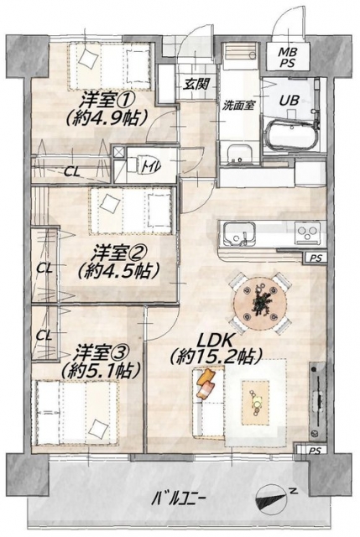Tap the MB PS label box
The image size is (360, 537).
pyautogui.click(x=288, y=57)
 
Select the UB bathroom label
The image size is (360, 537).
pyautogui.click(x=290, y=101)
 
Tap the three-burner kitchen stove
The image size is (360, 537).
pyautogui.click(x=308, y=233)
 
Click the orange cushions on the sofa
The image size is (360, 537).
pyautogui.click(x=206, y=383)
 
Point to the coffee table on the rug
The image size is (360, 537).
pyautogui.click(x=256, y=403)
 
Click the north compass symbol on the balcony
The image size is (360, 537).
pyautogui.click(x=273, y=499)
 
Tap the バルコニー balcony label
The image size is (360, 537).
pyautogui.click(x=179, y=498)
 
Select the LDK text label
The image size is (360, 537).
pyautogui.click(x=216, y=341)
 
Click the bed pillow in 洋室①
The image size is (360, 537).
pyautogui.click(x=87, y=58)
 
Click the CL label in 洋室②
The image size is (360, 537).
pyautogui.click(x=44, y=268)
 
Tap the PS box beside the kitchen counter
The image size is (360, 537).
pyautogui.click(x=316, y=258)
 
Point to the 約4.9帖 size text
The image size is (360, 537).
pyautogui.click(x=107, y=117)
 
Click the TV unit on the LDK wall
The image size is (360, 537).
pyautogui.click(x=318, y=401)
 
